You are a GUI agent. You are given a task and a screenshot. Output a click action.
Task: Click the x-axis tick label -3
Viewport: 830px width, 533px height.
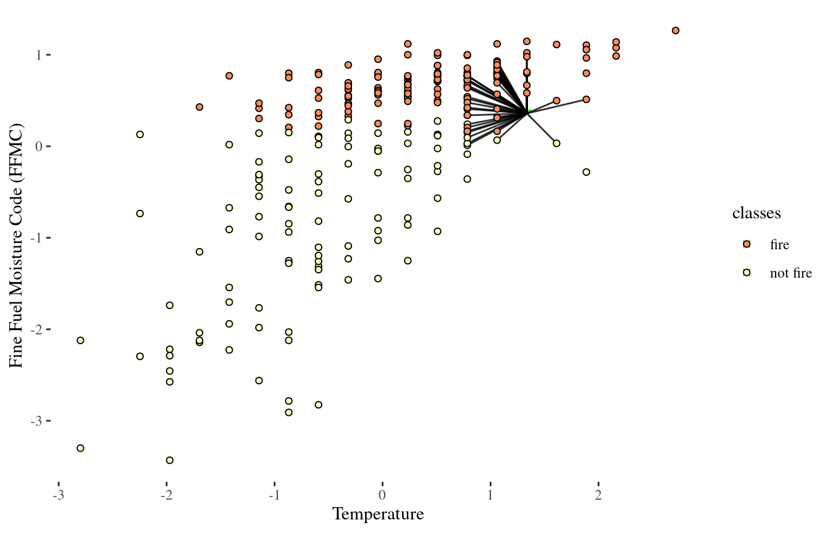[58, 496]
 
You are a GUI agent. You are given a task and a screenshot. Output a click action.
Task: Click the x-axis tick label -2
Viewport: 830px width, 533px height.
[166, 496]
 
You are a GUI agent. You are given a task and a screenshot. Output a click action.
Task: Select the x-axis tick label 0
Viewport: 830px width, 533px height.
[382, 496]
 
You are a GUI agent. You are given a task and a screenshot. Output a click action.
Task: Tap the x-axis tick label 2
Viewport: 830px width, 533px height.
[598, 496]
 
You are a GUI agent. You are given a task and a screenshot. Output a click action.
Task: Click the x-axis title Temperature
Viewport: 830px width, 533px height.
[378, 514]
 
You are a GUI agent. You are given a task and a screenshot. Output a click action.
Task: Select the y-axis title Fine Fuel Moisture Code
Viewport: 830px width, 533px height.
[17, 247]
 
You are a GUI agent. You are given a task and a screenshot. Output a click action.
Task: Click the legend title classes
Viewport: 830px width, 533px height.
[756, 213]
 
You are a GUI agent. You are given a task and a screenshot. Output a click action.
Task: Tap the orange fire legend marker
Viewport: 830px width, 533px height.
[747, 244]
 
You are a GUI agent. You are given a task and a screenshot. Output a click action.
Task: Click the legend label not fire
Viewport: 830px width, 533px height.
[790, 273]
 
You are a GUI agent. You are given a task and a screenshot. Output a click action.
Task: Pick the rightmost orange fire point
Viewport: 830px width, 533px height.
[676, 30]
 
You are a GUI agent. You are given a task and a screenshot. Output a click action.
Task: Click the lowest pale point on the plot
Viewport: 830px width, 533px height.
[170, 460]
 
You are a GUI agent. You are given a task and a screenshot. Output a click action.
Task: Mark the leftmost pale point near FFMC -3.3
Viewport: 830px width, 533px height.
[80, 448]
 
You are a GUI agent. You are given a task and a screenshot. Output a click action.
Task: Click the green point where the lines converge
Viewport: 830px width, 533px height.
[527, 113]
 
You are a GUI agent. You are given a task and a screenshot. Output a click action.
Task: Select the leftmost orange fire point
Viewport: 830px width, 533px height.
[199, 107]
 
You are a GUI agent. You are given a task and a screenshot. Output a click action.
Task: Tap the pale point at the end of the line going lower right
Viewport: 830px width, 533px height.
[556, 143]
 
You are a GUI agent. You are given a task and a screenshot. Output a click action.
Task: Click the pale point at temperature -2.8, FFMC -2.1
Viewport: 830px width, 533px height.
[80, 341]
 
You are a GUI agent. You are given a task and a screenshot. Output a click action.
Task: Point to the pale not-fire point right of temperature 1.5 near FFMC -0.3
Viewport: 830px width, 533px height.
[586, 172]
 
